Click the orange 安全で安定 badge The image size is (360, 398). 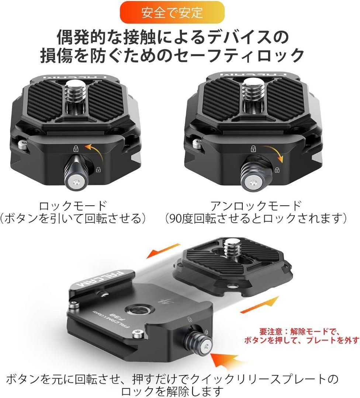172,12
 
